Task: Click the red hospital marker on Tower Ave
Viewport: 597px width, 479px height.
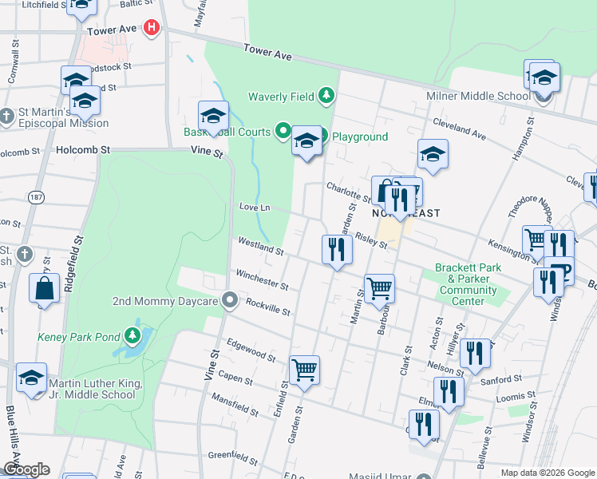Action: point(152,30)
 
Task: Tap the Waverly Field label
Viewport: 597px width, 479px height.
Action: point(280,97)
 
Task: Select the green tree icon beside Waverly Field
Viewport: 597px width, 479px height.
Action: point(326,97)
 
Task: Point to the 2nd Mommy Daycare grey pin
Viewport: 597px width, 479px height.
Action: point(231,301)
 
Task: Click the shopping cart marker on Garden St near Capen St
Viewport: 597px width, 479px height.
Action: point(304,371)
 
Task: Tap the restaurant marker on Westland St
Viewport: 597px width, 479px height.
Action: point(337,250)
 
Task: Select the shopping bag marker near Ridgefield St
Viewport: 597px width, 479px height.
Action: point(45,289)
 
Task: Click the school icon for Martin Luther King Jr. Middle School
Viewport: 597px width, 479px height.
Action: point(31,378)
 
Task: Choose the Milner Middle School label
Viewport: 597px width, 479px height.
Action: point(479,97)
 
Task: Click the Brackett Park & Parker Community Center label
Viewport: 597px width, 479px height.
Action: point(467,284)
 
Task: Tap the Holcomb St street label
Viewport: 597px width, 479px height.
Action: point(83,149)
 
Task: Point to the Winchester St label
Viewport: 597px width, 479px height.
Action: point(262,279)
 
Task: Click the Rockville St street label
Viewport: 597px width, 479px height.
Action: point(267,307)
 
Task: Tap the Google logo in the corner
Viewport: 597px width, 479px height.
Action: point(26,469)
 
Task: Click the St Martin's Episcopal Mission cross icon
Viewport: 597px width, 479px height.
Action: point(7,117)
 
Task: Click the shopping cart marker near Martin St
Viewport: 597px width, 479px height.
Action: point(379,288)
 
